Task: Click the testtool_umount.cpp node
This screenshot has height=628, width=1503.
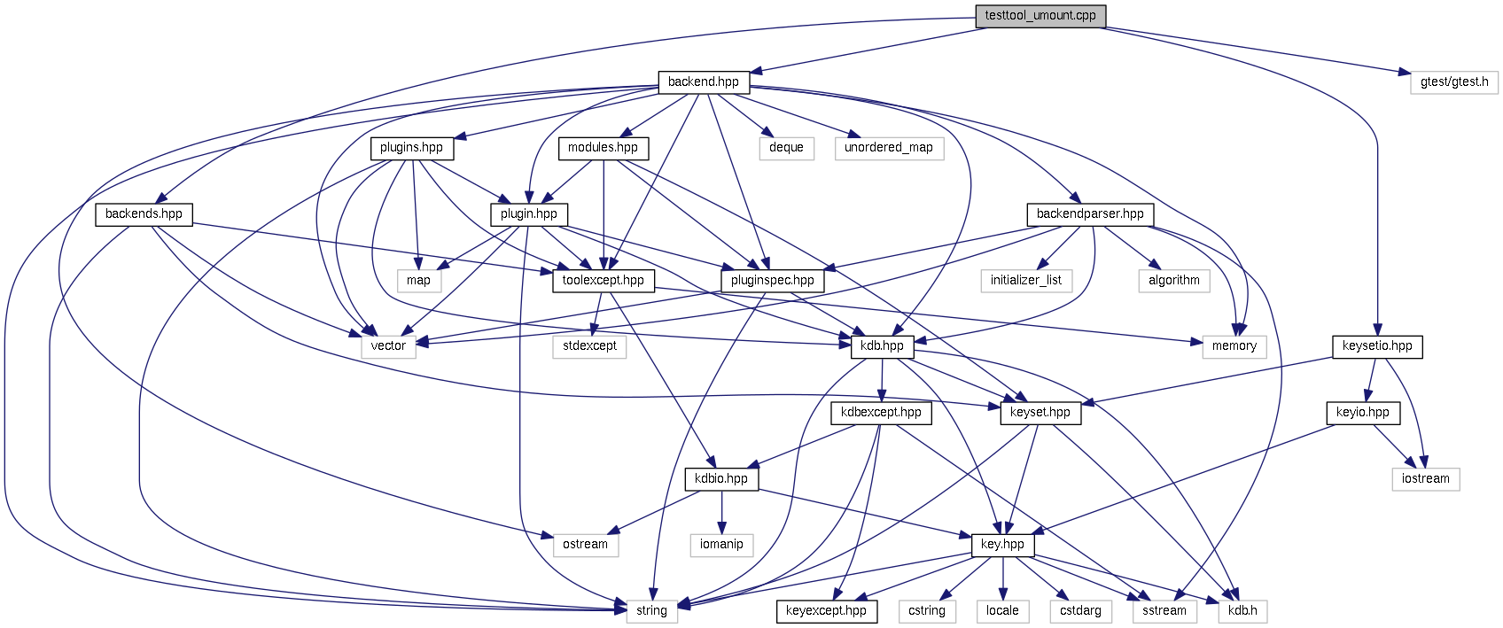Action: click(x=1040, y=16)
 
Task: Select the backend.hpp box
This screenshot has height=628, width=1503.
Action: click(x=704, y=82)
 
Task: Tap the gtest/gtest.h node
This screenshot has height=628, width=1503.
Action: click(x=1453, y=82)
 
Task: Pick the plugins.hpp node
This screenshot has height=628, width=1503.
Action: click(x=411, y=148)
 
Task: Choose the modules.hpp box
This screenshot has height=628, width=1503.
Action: click(x=603, y=148)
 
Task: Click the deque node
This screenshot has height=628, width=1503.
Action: click(x=786, y=148)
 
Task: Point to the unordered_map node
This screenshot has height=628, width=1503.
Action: click(x=888, y=148)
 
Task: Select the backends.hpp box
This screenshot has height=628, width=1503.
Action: click(x=144, y=214)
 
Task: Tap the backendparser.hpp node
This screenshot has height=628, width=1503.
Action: click(x=1089, y=214)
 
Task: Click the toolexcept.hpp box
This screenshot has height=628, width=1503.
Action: click(x=603, y=281)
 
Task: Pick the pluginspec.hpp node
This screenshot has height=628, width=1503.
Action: click(x=772, y=281)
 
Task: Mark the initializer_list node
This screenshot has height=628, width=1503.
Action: click(x=1025, y=281)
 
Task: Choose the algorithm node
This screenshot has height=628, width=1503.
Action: click(x=1173, y=281)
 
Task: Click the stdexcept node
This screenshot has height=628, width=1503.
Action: click(x=589, y=346)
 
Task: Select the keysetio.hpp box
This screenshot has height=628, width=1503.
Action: click(x=1376, y=346)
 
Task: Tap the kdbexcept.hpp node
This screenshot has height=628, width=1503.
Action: click(x=881, y=413)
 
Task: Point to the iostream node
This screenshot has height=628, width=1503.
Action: click(x=1425, y=479)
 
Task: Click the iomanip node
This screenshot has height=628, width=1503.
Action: click(x=721, y=545)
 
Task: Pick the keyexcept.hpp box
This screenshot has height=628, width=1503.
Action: click(x=826, y=611)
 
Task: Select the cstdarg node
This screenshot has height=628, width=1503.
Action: click(x=1080, y=611)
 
